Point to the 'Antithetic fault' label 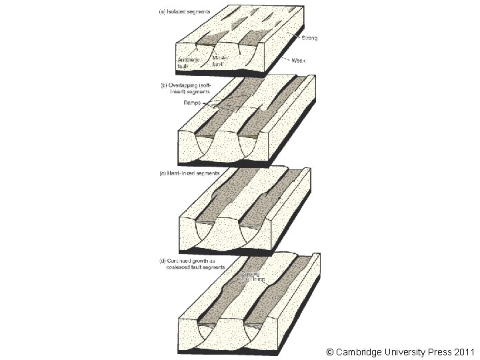pos(188,62)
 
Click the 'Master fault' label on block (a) pos(221,61)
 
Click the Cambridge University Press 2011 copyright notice pos(401,351)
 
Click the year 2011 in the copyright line pos(462,351)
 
